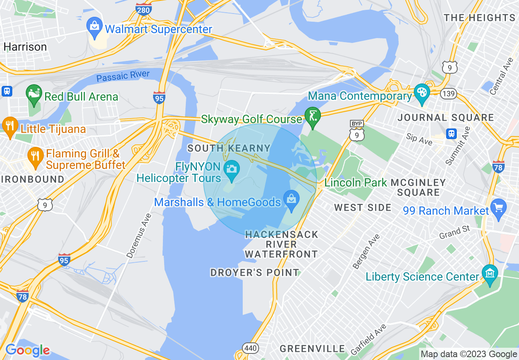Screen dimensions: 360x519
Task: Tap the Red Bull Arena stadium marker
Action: [x=34, y=95]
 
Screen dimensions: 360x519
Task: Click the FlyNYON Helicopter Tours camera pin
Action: [x=232, y=171]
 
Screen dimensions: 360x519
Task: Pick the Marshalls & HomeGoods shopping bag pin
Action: [x=291, y=200]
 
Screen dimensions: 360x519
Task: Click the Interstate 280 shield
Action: [x=144, y=9]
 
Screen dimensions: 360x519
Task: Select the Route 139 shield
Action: [x=449, y=94]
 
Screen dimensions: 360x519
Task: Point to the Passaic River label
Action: [x=123, y=76]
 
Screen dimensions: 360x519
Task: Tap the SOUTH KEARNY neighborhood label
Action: [x=229, y=148]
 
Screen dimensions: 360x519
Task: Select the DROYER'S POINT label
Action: [x=255, y=272]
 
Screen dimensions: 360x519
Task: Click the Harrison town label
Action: [x=25, y=47]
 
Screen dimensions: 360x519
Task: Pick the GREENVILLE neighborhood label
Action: [x=312, y=349]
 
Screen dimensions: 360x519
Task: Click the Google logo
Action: [x=27, y=350]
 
